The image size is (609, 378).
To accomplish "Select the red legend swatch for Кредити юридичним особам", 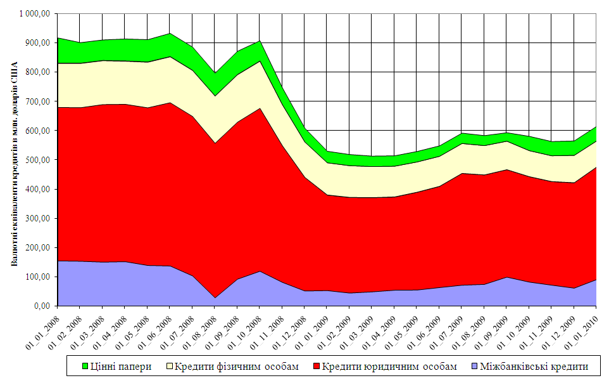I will (x=316, y=366).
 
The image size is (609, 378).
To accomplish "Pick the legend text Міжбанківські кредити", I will (x=534, y=366).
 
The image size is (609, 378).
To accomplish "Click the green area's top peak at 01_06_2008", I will (x=170, y=34).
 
